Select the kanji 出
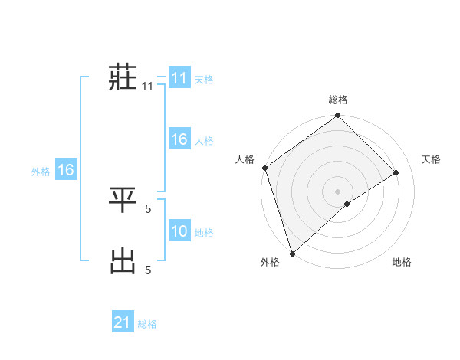123,260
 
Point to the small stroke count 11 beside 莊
147,87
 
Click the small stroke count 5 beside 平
148,207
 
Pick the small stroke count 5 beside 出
148,269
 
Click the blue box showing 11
179,78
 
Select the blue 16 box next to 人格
179,139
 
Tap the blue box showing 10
179,231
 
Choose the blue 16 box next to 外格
66,170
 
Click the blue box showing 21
123,322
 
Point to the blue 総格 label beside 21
147,324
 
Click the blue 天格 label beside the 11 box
204,80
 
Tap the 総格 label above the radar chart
338,100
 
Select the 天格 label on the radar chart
432,159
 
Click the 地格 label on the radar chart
402,263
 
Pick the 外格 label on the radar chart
270,263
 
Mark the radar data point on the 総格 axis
338,116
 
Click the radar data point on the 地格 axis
347,204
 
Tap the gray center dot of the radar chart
337,191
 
